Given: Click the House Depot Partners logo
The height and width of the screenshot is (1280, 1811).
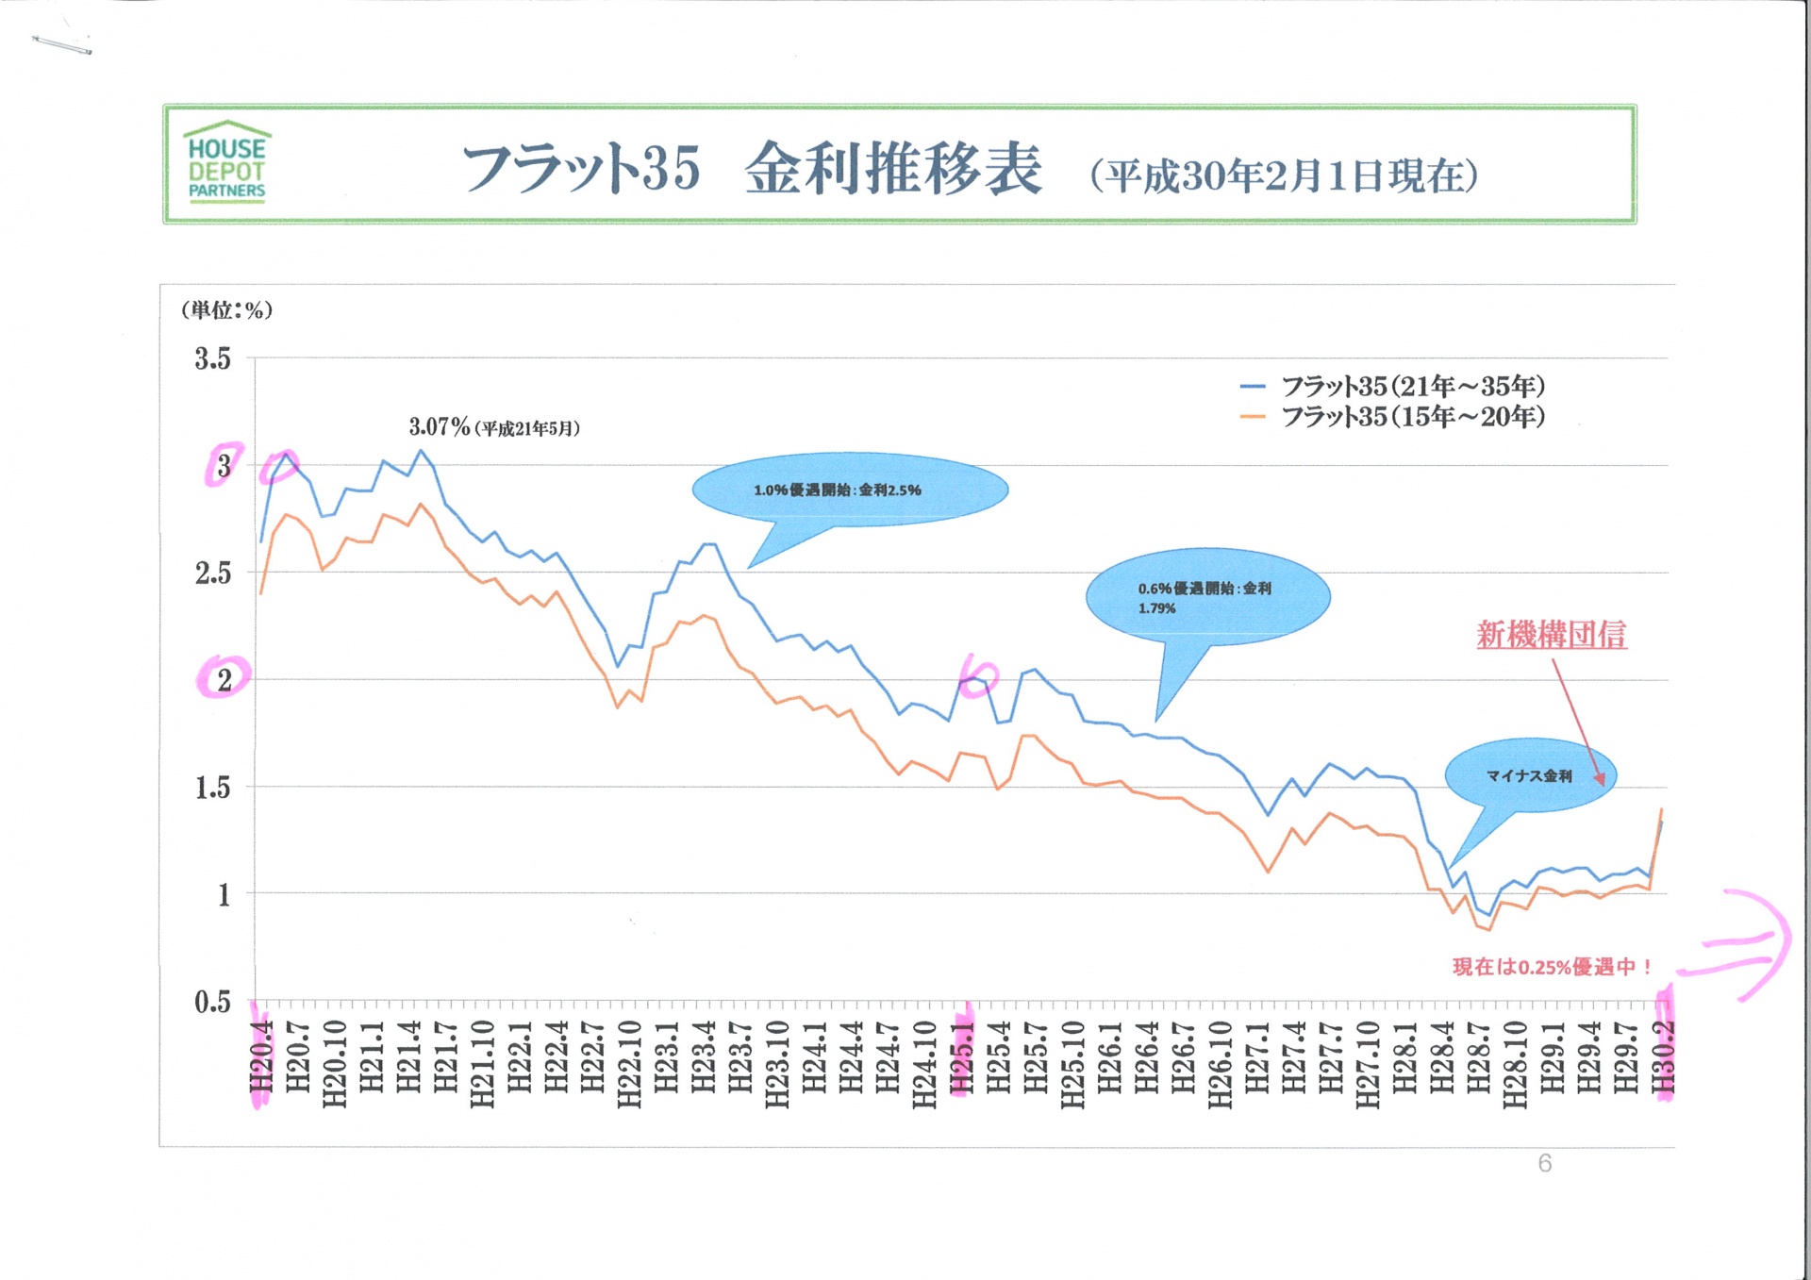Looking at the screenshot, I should pos(227,161).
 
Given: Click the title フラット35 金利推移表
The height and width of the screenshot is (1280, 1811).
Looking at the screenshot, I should pos(752,169).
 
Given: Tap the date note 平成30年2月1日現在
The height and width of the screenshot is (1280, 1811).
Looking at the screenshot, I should pos(1284,175).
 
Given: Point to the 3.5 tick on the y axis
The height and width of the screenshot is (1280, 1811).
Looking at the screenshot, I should pos(212,358).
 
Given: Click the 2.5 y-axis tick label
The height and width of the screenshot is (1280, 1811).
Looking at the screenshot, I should pos(212,573).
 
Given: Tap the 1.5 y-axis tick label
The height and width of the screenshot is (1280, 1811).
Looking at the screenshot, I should pos(212,787).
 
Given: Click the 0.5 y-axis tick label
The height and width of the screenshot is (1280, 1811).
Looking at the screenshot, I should pos(212,1001).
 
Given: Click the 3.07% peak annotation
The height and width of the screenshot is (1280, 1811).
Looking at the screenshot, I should pos(493,427).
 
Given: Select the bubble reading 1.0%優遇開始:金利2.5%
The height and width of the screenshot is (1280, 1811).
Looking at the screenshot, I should pos(849,490).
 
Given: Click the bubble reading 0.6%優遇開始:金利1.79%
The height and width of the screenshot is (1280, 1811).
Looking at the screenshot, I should pos(1206,597).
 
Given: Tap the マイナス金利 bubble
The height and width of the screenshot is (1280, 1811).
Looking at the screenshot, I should pos(1529,775).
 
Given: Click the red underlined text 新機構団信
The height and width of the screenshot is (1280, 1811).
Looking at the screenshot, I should pos(1551,635).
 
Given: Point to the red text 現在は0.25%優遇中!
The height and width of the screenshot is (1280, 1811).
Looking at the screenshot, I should pos(1552,967).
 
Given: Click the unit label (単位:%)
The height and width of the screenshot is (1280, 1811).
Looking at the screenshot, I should pos(226,309).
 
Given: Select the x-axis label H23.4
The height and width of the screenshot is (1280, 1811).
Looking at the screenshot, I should pos(704,1056).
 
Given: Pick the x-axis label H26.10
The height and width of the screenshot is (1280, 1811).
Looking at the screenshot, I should pos(1220,1064).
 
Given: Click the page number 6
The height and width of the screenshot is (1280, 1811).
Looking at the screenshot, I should pos(1544,1163).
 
